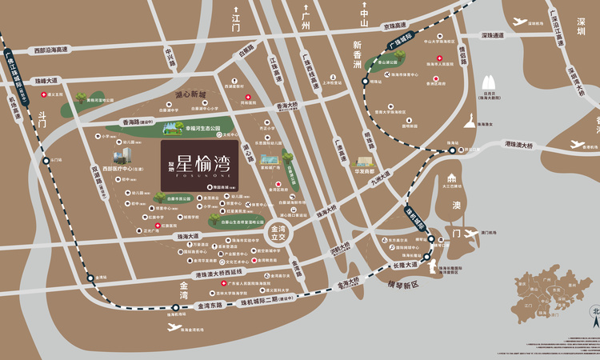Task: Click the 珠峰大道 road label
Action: click(x=46, y=81)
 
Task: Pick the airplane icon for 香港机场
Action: click(x=578, y=144)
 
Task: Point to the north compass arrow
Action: click(x=594, y=320)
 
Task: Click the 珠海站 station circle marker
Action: click(x=430, y=238)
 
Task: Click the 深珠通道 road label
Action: click(x=493, y=36)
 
